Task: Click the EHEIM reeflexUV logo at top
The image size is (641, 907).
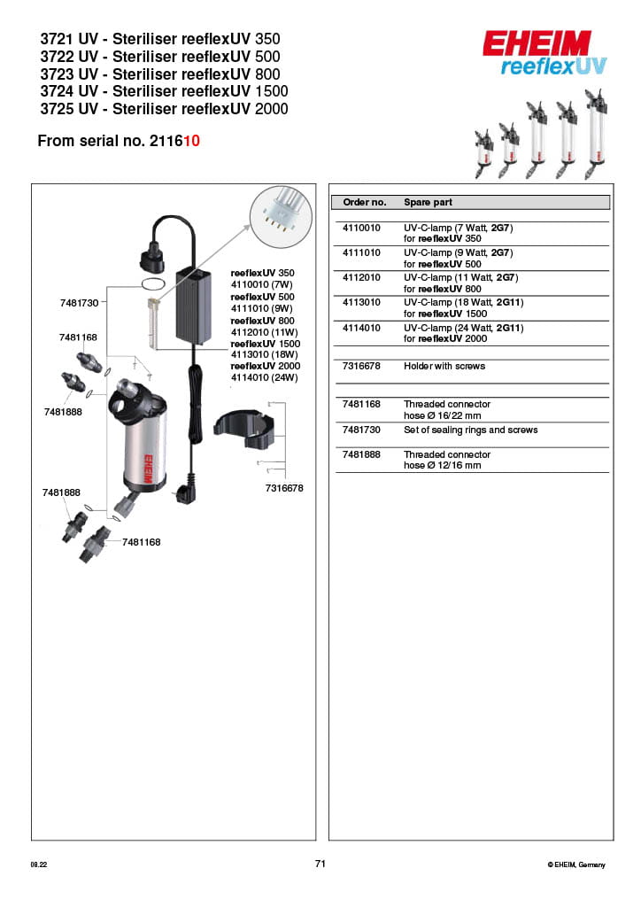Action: pos(537,53)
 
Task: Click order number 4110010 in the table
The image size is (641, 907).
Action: pos(361,228)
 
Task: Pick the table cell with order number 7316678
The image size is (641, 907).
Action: pos(361,366)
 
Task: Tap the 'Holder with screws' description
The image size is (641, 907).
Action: pos(444,366)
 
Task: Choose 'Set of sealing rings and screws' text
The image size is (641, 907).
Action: pos(470,430)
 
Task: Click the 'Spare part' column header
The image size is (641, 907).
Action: pos(429,202)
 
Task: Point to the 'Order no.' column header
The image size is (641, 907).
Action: pos(364,202)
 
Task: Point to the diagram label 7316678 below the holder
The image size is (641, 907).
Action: pos(284,488)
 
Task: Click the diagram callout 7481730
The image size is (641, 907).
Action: pos(79,303)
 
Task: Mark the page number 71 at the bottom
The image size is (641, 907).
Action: pos(320,864)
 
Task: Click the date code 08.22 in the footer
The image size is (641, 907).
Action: pos(38,864)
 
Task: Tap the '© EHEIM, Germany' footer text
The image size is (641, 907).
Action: pos(576,864)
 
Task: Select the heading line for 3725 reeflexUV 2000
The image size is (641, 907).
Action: pos(164,109)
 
